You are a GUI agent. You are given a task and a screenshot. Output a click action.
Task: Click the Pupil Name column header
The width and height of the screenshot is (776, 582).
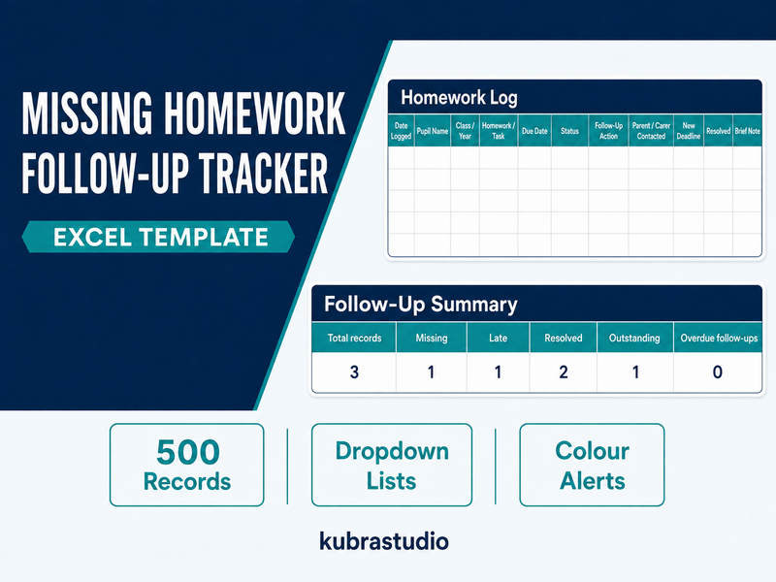(x=433, y=131)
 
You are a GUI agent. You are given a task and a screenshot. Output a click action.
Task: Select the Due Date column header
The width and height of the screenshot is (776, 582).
(x=534, y=131)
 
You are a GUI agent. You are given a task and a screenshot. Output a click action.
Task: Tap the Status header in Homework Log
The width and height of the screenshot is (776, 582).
(x=569, y=131)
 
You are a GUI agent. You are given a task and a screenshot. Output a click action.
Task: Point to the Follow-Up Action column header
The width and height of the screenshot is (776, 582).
(x=608, y=131)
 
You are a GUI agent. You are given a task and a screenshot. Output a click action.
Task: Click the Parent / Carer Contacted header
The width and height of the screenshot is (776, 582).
(x=651, y=131)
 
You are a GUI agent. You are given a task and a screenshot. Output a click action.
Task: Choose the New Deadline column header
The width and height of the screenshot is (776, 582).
(x=689, y=131)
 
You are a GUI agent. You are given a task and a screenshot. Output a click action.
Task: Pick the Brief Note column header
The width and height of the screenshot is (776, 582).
(x=747, y=131)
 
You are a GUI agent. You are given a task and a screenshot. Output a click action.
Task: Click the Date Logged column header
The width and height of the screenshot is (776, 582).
(x=401, y=131)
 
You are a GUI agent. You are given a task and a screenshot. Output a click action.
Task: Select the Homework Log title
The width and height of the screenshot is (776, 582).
(x=459, y=98)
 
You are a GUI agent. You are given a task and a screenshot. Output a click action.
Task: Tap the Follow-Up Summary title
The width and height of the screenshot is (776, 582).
(x=421, y=304)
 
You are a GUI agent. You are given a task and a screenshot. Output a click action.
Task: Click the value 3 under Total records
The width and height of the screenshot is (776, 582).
(x=354, y=372)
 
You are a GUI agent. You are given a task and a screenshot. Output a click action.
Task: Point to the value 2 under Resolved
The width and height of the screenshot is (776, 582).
(x=564, y=372)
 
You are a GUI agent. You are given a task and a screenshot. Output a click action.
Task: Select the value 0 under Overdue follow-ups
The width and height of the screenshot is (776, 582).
(x=718, y=372)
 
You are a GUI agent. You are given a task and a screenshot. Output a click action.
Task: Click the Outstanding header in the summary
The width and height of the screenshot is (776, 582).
(x=634, y=338)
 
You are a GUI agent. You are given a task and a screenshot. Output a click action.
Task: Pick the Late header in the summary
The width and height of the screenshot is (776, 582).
(x=498, y=338)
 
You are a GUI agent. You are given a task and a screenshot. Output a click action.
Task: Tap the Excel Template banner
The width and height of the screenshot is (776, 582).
(x=158, y=237)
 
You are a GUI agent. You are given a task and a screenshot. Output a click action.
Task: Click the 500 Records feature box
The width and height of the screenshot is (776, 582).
(x=186, y=465)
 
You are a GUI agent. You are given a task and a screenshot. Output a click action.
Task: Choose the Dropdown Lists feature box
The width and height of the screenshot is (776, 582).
(x=392, y=465)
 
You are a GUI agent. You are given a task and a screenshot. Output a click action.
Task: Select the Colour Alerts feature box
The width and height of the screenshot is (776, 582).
(x=592, y=465)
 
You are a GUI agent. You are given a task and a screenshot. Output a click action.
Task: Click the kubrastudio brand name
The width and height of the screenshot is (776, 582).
(x=384, y=541)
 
